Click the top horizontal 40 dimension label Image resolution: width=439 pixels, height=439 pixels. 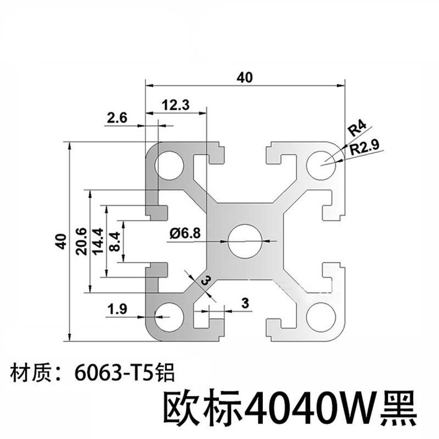coord(245,78)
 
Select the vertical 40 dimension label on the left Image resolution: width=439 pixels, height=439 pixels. coord(61,241)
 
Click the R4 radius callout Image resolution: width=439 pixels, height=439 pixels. coord(357,130)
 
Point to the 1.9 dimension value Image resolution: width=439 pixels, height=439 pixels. coord(119,310)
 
